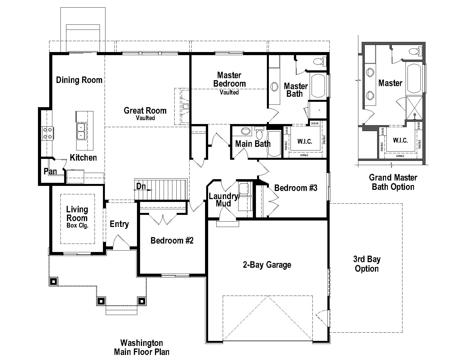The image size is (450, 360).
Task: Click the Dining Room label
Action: [x=79, y=80]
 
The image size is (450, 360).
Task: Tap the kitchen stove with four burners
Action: [x=47, y=133]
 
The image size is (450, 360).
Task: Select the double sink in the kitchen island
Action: [x=81, y=131]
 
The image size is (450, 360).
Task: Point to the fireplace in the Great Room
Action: [x=185, y=106]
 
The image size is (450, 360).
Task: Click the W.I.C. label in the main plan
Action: [x=305, y=141]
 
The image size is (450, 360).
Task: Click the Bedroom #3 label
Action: [x=296, y=188]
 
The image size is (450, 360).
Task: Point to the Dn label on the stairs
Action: [x=141, y=186]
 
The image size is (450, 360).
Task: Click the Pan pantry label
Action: [x=50, y=172]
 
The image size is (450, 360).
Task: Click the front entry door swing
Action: [x=121, y=241]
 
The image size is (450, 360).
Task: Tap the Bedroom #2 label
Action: [x=172, y=240]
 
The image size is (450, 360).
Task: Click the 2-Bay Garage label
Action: [x=267, y=265]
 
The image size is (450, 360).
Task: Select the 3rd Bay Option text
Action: [x=367, y=264]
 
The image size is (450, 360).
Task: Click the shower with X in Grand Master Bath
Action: [x=414, y=108]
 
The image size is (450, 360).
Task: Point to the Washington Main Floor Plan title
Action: [x=142, y=347]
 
